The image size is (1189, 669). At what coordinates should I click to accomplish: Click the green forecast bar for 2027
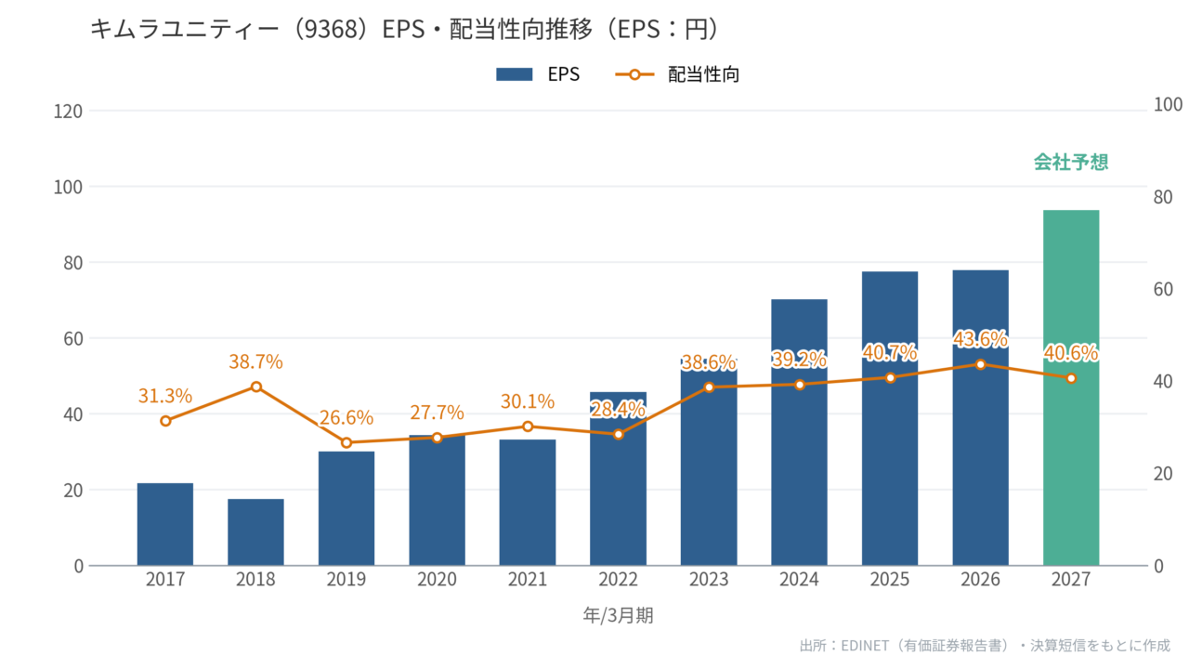pos(1071,387)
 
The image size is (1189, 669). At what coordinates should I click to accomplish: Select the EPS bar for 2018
pos(255,532)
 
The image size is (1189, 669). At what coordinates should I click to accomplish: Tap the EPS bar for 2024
pos(799,432)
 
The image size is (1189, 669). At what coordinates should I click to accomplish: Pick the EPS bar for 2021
pos(528,503)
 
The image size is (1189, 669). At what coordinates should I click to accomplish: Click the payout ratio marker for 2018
pos(255,387)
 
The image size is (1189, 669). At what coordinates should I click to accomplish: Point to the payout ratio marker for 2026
pos(980,364)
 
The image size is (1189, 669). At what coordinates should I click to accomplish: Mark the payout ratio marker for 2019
pos(346,442)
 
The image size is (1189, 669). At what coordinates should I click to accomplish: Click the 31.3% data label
pos(165,396)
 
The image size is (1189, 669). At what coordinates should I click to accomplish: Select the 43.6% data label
pos(980,339)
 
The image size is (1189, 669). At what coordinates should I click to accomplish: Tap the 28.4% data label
pos(618,410)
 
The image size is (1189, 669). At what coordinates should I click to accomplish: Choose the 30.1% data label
pos(528,401)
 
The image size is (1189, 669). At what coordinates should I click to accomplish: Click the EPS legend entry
pos(538,74)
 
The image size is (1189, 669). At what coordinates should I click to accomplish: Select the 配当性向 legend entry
pos(677,74)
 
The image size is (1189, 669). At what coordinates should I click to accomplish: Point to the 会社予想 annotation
pos(1071,162)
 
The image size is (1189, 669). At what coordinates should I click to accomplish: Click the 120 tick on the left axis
pos(68,111)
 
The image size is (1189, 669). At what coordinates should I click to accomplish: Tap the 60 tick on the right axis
pos(1163,289)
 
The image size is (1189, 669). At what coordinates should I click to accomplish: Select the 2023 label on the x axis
pos(709,579)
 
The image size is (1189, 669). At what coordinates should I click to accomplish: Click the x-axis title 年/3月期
pos(618,615)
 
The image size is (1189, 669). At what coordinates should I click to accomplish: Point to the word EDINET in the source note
pos(865,646)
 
